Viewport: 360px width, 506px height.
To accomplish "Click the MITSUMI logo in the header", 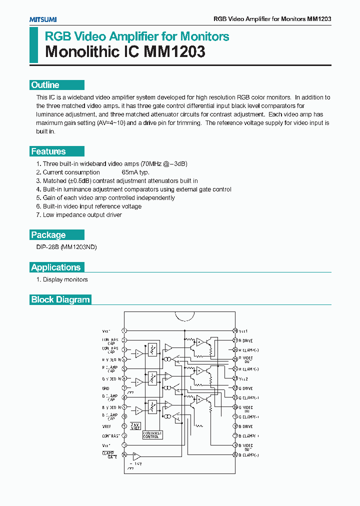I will tap(42, 19).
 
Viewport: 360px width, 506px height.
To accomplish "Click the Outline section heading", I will tap(45, 85).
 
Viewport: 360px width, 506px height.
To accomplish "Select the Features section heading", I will tap(48, 151).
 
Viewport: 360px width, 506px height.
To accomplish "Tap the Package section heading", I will tap(48, 235).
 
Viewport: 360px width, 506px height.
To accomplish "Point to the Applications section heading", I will tap(55, 267).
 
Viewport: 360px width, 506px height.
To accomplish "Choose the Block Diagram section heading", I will tap(60, 300).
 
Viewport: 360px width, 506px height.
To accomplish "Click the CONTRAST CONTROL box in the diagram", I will tap(151, 434).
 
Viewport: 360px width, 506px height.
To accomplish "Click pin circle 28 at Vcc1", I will tap(234, 331).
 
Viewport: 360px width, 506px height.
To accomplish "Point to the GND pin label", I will tap(105, 388).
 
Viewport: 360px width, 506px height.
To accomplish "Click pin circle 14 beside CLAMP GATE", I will tap(124, 455).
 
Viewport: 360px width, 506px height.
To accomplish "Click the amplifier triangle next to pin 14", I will tap(136, 455).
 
